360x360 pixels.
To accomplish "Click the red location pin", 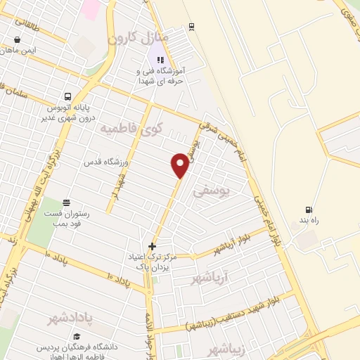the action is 180,165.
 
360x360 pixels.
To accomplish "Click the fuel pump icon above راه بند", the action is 308,210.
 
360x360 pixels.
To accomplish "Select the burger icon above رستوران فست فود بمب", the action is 65,202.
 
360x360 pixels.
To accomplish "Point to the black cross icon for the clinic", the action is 152,245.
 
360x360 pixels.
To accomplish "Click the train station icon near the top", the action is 191,27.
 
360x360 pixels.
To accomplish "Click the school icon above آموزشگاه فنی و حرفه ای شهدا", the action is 160,60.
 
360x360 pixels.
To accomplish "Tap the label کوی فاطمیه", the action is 131,129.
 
